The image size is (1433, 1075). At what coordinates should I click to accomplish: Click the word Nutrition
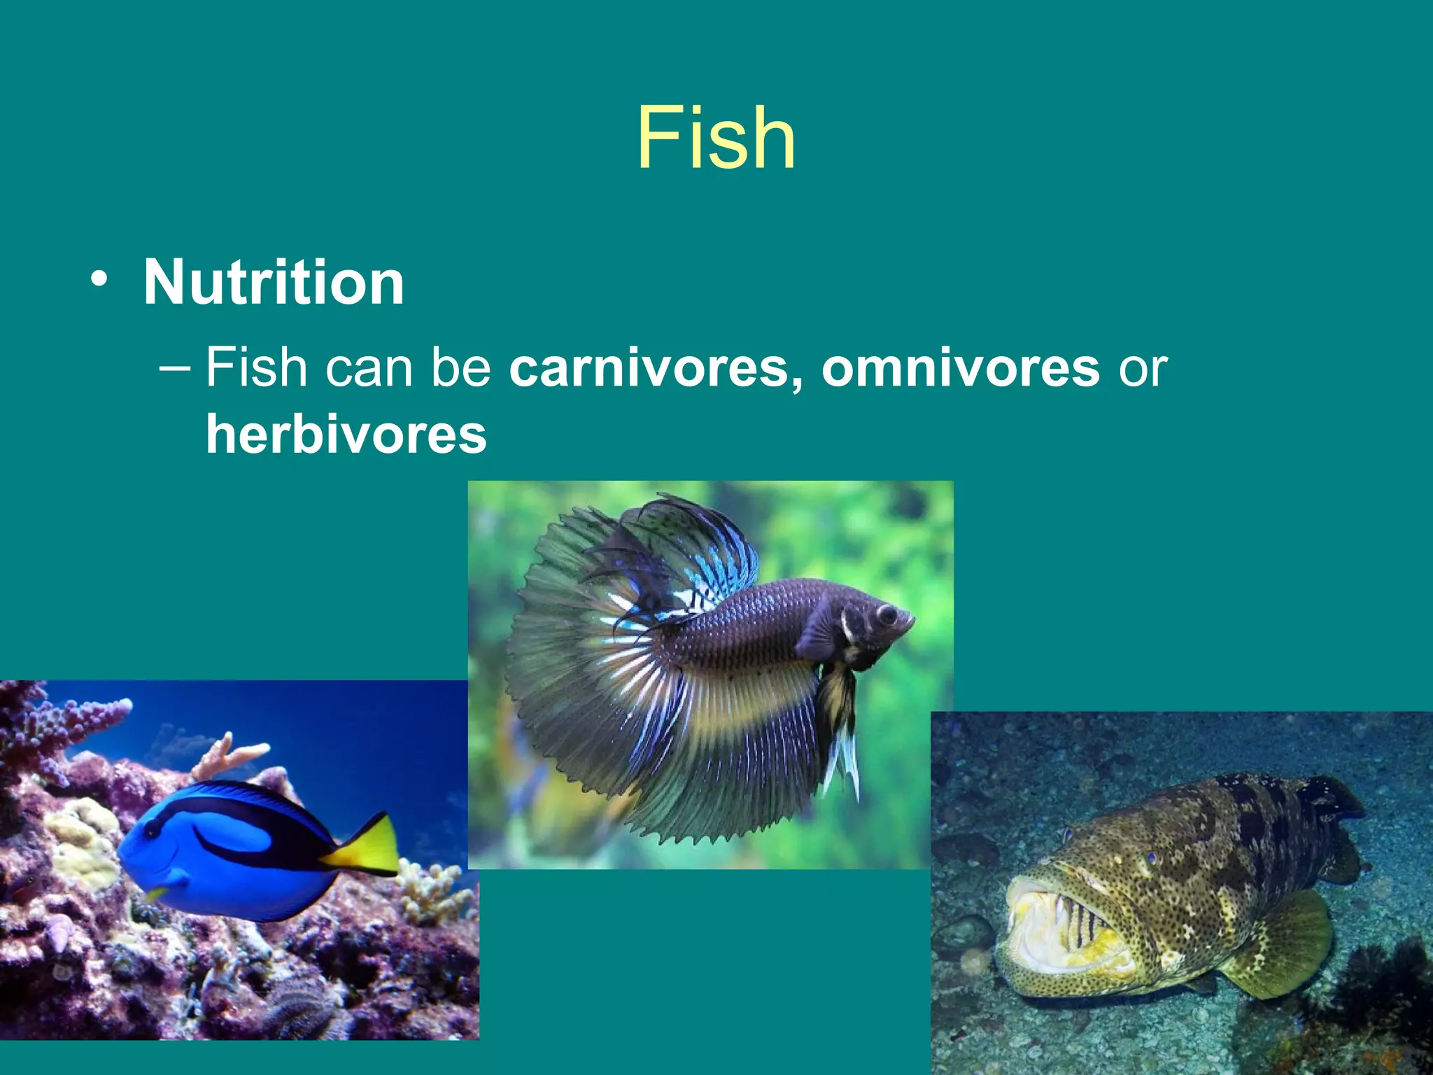coord(274,282)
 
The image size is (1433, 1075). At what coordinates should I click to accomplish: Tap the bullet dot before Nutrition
coord(99,279)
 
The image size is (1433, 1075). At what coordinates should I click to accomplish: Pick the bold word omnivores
coord(960,367)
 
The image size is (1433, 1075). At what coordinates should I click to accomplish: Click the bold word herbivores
coord(346,434)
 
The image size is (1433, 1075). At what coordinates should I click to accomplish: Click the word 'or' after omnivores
coord(1142,369)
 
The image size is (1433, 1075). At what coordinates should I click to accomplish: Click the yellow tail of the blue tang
coord(370,847)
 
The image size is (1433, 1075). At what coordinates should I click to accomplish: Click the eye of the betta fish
coord(887,614)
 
